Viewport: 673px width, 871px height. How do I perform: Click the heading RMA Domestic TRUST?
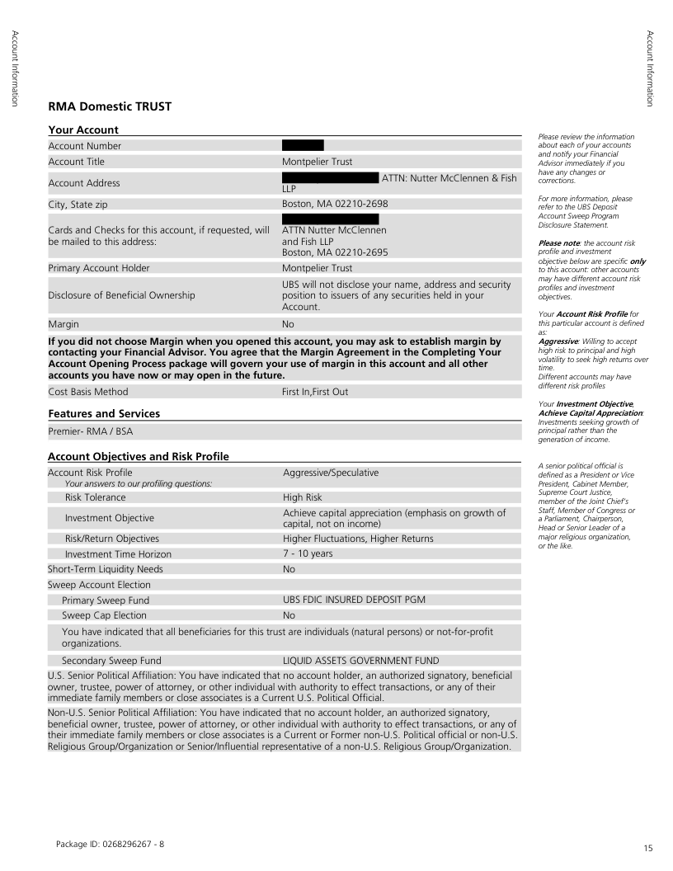click(110, 106)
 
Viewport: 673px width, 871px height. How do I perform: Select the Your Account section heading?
click(83, 129)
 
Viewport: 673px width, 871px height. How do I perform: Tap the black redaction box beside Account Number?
click(303, 146)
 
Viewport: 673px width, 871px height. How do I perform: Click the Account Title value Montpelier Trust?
click(317, 162)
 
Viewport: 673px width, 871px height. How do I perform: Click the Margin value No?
click(288, 325)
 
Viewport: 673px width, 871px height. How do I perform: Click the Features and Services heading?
click(104, 413)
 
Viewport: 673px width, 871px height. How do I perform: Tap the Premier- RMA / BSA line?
click(87, 431)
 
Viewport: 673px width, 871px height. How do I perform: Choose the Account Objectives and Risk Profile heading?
click(139, 456)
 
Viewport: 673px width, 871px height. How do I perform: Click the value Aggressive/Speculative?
click(331, 473)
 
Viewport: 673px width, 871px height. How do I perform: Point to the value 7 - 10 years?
click(308, 553)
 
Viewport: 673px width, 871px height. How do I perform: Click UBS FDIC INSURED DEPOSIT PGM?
click(354, 600)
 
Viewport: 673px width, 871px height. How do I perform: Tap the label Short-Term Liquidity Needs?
click(106, 569)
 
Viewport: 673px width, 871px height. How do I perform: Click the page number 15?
click(647, 847)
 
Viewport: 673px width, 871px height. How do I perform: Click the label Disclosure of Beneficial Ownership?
click(122, 295)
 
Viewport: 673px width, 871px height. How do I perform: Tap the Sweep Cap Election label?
click(104, 615)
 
